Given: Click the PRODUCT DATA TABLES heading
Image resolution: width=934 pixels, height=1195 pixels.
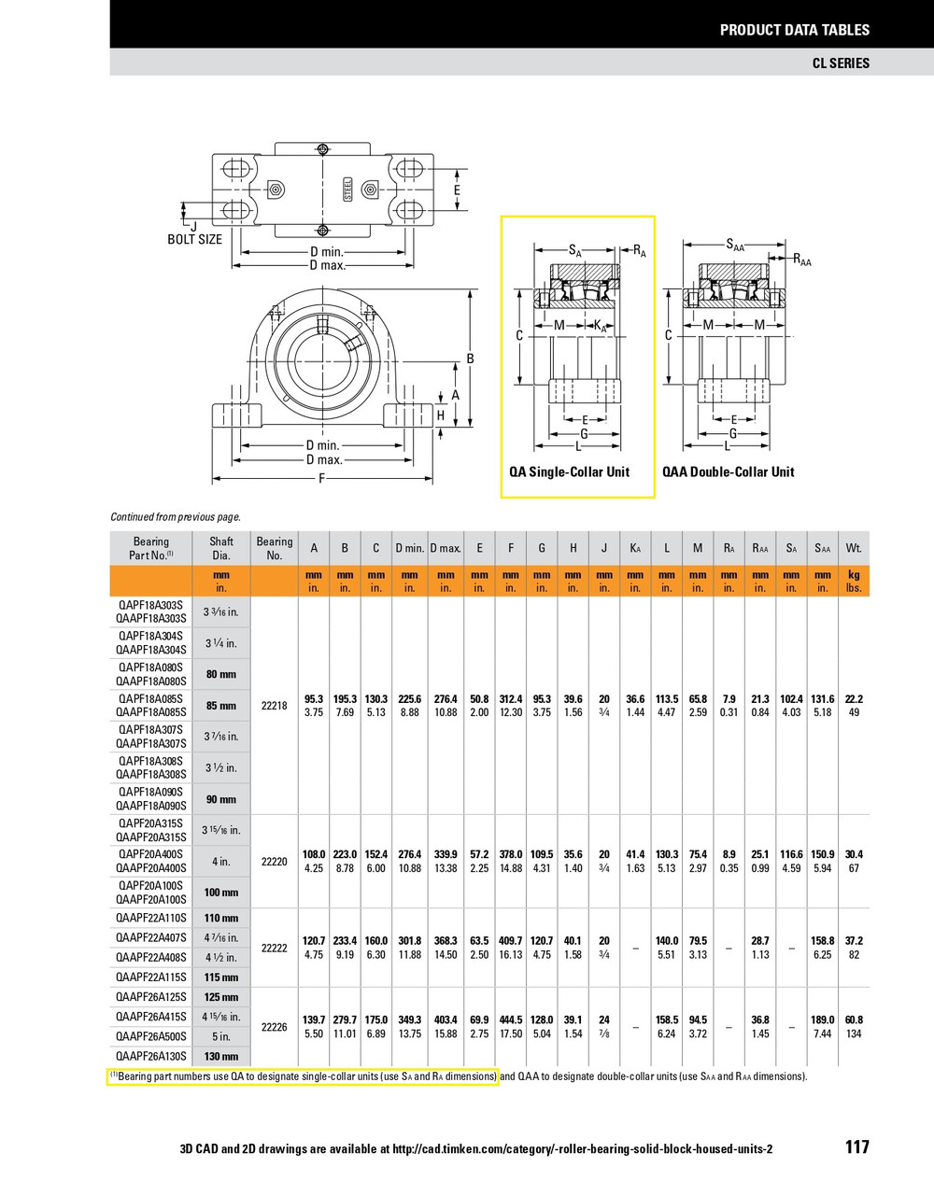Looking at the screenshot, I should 794,30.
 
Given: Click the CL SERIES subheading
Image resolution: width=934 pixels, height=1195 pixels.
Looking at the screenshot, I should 841,63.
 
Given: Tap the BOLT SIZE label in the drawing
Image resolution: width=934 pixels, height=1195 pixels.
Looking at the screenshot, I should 194,239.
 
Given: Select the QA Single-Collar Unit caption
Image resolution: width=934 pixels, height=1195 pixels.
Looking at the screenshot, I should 569,471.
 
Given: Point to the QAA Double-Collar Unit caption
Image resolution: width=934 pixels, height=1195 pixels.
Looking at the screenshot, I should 729,471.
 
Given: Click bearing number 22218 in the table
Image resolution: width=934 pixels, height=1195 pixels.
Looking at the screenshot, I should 274,706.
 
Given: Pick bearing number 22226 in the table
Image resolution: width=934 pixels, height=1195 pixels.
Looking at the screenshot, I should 274,1027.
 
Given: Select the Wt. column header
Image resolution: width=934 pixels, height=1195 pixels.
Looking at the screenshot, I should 853,548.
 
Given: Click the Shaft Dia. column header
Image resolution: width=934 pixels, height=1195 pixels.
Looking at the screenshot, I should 221,548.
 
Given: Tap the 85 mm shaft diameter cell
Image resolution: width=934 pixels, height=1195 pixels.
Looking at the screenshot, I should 221,706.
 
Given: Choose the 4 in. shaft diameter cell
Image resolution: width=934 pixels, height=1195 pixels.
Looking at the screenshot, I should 221,861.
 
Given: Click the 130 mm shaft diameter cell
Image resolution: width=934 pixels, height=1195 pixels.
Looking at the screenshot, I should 221,1057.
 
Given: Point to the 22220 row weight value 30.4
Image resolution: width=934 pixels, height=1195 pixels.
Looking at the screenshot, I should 853,854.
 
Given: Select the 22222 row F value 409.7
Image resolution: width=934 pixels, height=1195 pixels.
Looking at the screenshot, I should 510,941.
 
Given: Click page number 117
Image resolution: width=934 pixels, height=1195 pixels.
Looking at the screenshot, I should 856,1147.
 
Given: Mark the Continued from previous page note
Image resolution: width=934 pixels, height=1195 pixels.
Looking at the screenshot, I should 176,516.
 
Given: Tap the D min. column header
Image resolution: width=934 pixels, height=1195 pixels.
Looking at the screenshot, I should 409,548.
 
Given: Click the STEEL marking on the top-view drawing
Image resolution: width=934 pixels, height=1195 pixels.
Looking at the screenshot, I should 348,190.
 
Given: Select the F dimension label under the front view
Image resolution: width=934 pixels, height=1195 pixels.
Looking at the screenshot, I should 322,479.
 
